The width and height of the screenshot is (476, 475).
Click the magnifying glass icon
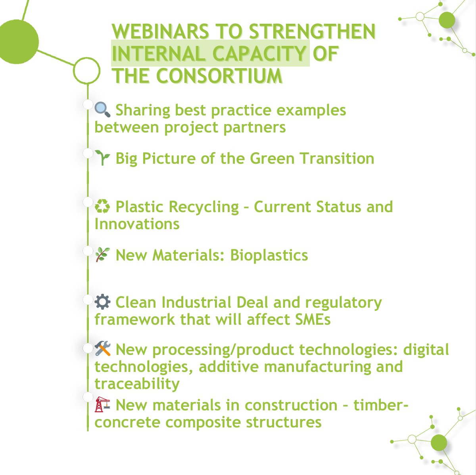(x=102, y=109)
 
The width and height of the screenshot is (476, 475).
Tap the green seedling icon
(x=102, y=157)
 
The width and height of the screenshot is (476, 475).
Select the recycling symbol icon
(x=102, y=206)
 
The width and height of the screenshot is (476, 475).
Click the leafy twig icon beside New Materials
(x=103, y=255)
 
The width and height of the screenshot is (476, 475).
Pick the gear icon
(x=102, y=302)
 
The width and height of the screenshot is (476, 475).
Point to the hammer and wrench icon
(x=102, y=348)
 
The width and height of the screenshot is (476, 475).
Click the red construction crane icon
(x=102, y=404)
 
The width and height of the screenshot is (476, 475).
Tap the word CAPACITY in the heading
(x=259, y=54)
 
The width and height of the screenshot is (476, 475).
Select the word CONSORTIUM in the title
(x=219, y=76)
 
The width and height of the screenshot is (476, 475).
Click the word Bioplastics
(x=269, y=255)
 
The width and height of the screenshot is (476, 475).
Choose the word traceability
(x=137, y=384)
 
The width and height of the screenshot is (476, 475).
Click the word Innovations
(x=137, y=224)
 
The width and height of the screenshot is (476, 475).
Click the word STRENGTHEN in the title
(x=312, y=32)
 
